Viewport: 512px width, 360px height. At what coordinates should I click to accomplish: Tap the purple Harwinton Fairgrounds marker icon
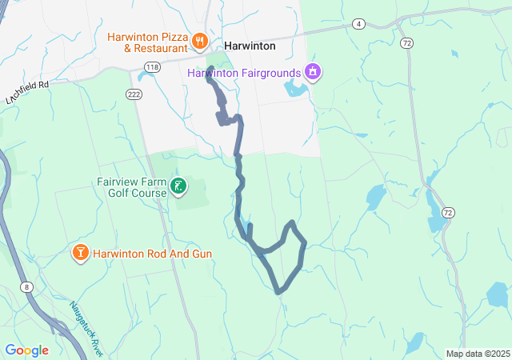coord(313,73)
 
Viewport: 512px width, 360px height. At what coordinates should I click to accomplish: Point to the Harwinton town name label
coord(250,46)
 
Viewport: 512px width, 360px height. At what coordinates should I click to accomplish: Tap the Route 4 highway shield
coord(359,24)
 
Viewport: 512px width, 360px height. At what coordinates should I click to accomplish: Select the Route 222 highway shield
coord(134,94)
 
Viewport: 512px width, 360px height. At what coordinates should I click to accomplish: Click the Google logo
coord(26,350)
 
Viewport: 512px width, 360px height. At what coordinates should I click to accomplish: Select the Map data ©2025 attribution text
coord(477,354)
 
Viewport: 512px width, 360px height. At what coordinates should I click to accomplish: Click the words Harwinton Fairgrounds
coord(244,73)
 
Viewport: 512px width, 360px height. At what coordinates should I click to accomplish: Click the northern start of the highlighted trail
coord(209,78)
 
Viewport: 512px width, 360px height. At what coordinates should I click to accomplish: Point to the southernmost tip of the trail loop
coord(278,291)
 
